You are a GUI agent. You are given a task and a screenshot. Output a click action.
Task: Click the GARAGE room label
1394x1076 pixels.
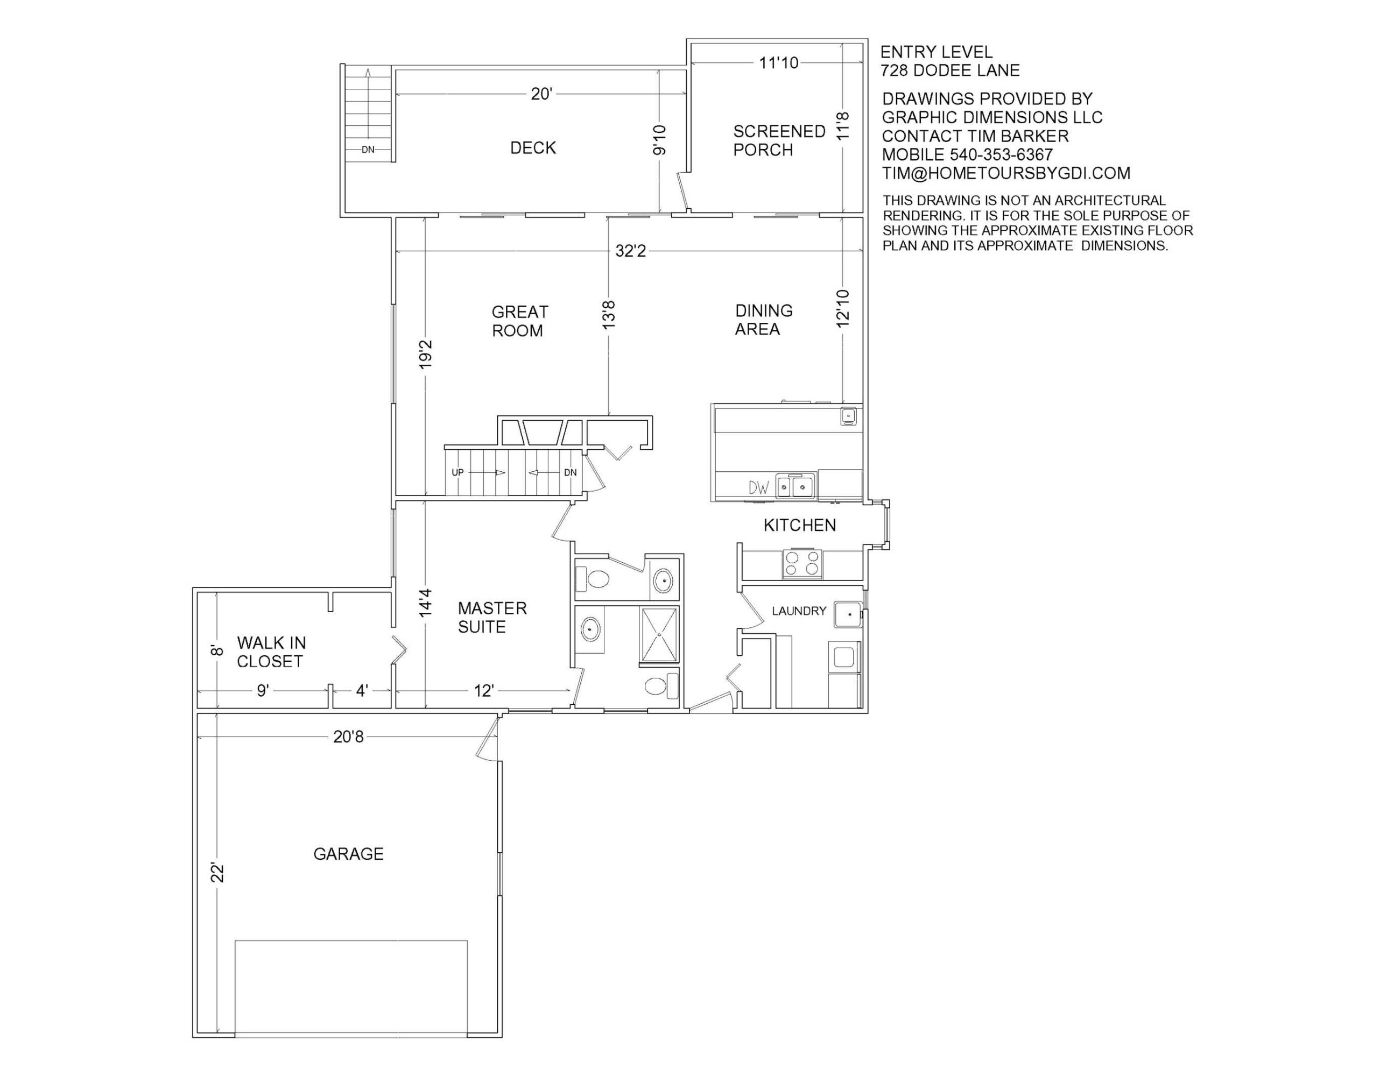click(x=349, y=854)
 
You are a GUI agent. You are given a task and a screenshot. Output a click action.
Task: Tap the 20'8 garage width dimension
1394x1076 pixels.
click(x=349, y=737)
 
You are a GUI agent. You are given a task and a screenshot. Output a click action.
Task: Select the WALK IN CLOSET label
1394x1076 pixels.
click(x=271, y=652)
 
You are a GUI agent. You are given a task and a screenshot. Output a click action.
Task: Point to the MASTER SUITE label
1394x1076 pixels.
click(x=492, y=617)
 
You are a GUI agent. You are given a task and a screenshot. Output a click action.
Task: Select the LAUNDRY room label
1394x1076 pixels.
click(x=799, y=611)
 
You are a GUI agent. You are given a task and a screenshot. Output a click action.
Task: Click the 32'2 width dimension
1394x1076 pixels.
click(x=631, y=251)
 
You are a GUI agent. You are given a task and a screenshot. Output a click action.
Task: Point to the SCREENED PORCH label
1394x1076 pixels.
click(x=779, y=140)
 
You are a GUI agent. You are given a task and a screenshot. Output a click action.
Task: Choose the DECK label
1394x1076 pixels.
click(x=533, y=148)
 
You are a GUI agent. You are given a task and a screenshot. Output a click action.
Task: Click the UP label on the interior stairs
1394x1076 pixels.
click(x=457, y=473)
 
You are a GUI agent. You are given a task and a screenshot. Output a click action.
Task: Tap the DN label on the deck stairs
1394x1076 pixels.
click(x=368, y=150)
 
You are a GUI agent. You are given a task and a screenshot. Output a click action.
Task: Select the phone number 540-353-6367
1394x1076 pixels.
click(x=1001, y=154)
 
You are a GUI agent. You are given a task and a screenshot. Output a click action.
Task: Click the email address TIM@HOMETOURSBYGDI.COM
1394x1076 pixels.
click(x=1006, y=173)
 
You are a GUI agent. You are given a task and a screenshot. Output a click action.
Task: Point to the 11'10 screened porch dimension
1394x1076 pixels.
click(x=779, y=62)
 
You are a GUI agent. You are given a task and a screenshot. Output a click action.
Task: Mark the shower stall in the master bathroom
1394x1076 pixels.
click(x=659, y=634)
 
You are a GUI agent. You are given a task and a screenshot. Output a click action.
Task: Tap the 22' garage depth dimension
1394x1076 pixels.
click(x=217, y=873)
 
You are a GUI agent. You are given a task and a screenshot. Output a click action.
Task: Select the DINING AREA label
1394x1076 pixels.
click(x=763, y=320)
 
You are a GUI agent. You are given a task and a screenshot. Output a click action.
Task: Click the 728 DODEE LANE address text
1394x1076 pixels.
click(x=950, y=70)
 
